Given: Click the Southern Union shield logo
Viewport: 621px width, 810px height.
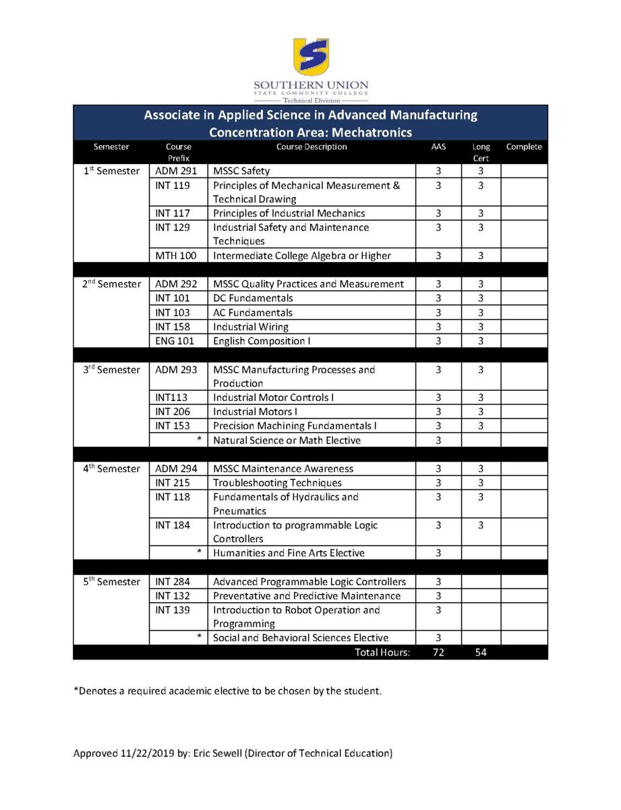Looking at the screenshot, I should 311,57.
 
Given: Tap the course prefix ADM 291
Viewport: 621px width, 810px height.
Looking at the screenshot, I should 176,171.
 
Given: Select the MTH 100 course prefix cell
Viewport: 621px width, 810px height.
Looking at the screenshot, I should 177,256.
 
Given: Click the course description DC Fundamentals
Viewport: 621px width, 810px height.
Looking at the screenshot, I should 253,298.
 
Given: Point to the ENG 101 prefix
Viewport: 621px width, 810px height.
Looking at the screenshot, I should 175,342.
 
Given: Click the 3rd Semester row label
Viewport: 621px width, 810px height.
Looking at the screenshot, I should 111,370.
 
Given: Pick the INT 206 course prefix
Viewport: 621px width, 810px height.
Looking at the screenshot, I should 173,412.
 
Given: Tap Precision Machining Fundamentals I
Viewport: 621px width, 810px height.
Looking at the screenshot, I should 295,426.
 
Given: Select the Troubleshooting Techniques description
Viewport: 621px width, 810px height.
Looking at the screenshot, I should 277,483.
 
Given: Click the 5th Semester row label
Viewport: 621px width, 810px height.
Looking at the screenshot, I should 112,582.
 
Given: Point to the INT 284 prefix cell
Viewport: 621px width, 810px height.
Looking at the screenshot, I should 173,582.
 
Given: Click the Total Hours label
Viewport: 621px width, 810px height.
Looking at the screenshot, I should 382,653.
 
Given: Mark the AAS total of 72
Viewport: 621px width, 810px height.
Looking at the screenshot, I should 438,653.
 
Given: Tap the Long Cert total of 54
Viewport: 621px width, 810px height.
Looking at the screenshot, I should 480,653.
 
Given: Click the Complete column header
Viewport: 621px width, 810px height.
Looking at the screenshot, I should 524,147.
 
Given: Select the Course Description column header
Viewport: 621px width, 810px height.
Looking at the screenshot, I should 312,147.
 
